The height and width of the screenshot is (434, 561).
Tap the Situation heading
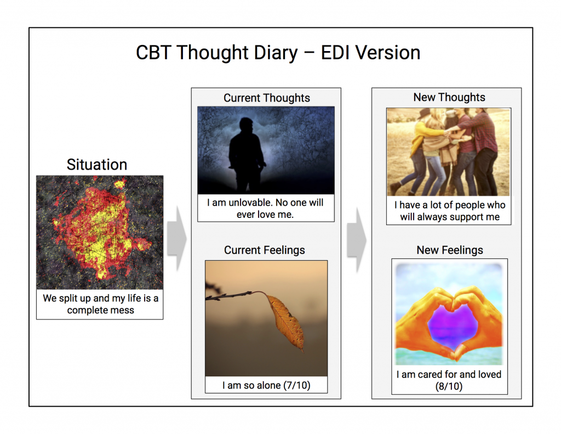[97, 165]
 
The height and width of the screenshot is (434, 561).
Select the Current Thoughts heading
[267, 98]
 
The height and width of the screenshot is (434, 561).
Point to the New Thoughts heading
[449, 98]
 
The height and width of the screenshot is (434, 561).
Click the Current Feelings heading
[265, 250]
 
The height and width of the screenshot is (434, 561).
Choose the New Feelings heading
[450, 250]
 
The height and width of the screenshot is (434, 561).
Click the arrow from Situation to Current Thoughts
[177, 238]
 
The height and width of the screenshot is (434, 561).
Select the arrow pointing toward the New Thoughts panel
[357, 240]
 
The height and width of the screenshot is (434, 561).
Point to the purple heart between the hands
[453, 324]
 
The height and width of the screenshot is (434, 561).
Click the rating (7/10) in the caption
[296, 386]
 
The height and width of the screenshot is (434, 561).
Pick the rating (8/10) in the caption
[449, 387]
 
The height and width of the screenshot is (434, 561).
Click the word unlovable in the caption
[250, 203]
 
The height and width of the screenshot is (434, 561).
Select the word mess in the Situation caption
[123, 311]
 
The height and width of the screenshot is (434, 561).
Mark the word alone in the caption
[268, 386]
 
